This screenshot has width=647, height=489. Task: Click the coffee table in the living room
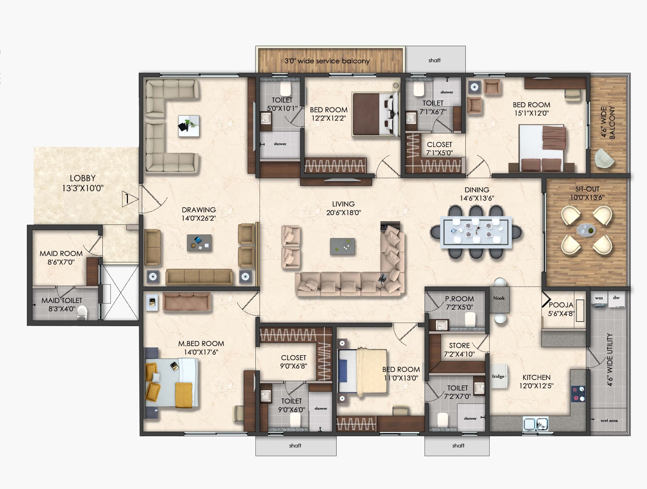(x=342, y=246)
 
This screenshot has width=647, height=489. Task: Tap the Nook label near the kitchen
(x=499, y=298)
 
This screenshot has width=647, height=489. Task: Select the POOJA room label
(x=561, y=305)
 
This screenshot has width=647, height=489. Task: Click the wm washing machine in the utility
(x=599, y=300)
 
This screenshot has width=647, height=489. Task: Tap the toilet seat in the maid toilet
(x=82, y=312)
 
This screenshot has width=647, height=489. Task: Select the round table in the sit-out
(x=586, y=230)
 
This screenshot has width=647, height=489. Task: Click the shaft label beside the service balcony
(x=434, y=60)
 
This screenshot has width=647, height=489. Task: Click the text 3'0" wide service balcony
(x=327, y=61)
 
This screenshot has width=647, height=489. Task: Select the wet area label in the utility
(x=609, y=420)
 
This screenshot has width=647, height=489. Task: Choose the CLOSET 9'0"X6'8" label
(x=293, y=362)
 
